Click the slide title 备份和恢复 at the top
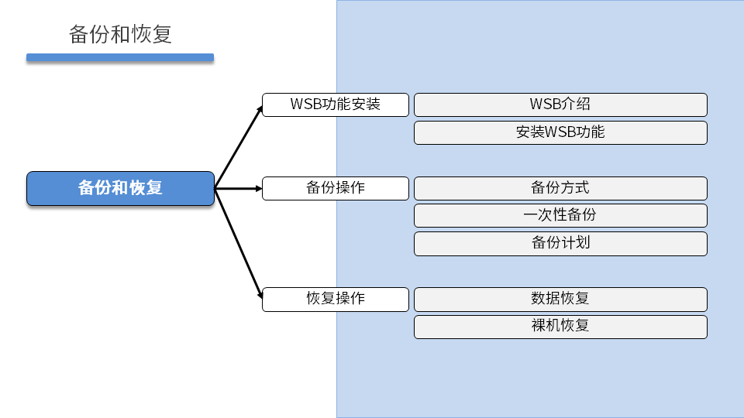[120, 35]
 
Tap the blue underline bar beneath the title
[120, 57]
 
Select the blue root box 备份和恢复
[120, 188]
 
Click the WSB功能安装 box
[335, 104]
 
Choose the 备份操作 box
[335, 188]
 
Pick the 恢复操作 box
[335, 299]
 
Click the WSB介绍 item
[560, 104]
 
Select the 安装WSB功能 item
[560, 132]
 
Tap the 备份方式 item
[560, 188]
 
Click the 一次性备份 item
[560, 215]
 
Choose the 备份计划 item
[560, 243]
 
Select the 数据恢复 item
[560, 299]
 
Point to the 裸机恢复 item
[560, 326]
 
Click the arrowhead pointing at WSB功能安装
[260, 109]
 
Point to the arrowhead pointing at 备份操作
[258, 188]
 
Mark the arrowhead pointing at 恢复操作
[259, 294]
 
